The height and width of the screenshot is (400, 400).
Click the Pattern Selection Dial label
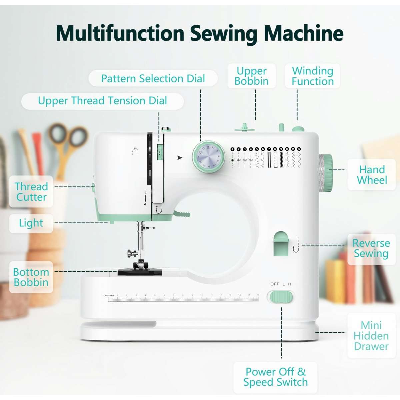point(153,79)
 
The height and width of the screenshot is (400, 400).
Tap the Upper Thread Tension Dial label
point(102,101)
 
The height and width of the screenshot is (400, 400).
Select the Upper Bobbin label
point(251,76)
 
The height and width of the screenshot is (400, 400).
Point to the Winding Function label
point(312,76)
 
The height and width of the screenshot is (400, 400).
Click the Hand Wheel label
point(372,175)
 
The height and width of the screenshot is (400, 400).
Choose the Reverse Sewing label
point(371,248)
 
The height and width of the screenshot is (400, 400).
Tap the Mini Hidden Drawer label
point(371,336)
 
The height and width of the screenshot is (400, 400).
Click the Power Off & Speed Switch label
point(275,377)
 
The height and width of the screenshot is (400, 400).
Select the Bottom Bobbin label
point(31,277)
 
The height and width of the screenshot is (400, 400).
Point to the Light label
point(31,223)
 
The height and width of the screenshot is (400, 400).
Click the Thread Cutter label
point(31,192)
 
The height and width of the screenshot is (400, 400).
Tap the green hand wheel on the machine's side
point(326,173)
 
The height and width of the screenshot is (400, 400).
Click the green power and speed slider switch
point(280,297)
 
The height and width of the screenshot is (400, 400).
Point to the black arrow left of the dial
point(180,158)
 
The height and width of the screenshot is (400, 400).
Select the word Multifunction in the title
point(120,33)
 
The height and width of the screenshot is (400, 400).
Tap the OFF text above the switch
point(275,284)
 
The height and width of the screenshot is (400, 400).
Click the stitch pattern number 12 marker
point(299,149)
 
